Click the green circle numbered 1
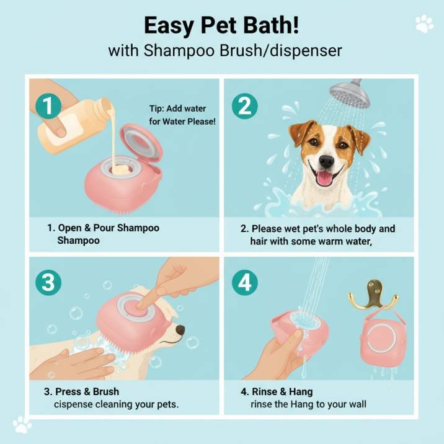[48, 106]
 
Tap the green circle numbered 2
[245, 106]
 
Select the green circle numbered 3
[48, 283]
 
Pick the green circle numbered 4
[245, 283]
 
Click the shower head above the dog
[350, 94]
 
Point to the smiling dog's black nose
[327, 161]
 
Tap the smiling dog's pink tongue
[324, 178]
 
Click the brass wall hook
[373, 295]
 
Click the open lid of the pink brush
[141, 144]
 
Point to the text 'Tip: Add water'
[177, 109]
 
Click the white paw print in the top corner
[424, 24]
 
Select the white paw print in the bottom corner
[22, 424]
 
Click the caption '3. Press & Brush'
[82, 391]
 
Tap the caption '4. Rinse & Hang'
[277, 391]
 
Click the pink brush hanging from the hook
[381, 337]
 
